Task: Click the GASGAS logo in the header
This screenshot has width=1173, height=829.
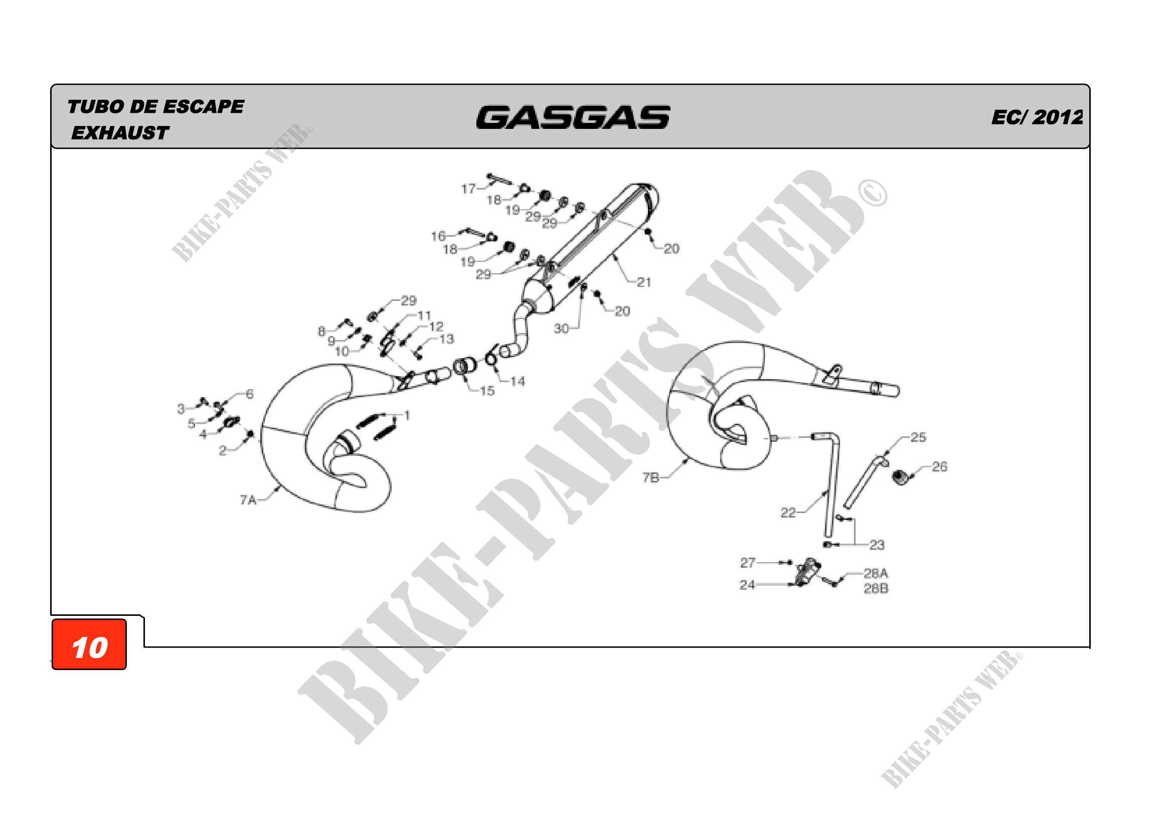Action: tap(573, 117)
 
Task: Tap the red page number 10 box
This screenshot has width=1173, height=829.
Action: tap(89, 644)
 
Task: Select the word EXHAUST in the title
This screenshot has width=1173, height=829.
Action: tap(120, 133)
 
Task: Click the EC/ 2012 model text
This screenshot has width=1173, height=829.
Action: tap(1037, 117)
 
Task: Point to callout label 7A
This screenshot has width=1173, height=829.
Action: tap(248, 500)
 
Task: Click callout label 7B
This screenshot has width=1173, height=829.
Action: tap(651, 477)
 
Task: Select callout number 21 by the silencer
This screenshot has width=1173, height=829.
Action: tap(644, 282)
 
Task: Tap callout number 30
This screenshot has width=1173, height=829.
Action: tap(562, 328)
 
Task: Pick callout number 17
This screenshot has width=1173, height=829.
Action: tap(468, 189)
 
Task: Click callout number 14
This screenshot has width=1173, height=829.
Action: tap(518, 381)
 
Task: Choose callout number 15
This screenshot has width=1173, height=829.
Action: tap(487, 391)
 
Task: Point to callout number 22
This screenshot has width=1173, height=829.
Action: tap(788, 513)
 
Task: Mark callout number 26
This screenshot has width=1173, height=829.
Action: tap(939, 466)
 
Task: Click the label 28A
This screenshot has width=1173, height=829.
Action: tap(876, 573)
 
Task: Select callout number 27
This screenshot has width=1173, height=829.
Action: tap(748, 562)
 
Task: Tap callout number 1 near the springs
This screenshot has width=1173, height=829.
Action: tap(407, 415)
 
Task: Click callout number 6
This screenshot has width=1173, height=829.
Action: tap(249, 393)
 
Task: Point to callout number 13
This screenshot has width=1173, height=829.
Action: tap(446, 339)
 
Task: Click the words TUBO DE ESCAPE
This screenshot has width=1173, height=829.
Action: tap(156, 107)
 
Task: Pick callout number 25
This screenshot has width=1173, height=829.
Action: tap(918, 437)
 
